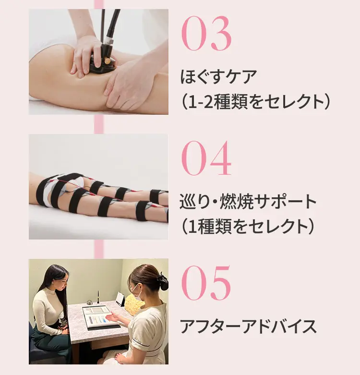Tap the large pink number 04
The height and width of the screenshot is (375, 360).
(x=206, y=158)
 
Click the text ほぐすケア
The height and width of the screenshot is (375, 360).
(x=219, y=77)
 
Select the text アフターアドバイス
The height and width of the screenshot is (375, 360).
(x=248, y=327)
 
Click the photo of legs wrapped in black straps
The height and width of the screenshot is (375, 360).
(x=98, y=186)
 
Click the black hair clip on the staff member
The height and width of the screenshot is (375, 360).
(x=163, y=282)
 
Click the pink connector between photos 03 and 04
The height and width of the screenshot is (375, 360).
(x=99, y=124)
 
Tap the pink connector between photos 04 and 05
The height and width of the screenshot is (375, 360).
(x=99, y=249)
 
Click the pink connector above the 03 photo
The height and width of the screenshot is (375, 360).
(x=99, y=4)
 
